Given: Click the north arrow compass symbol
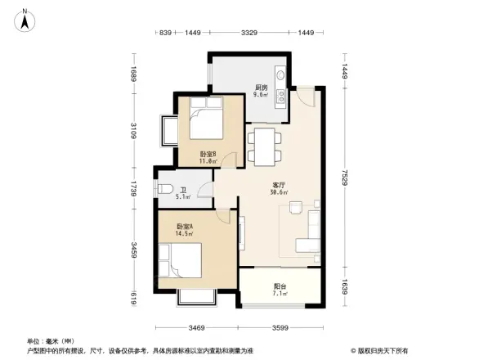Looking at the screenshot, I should [26, 19].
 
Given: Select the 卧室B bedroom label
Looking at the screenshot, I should [208, 154].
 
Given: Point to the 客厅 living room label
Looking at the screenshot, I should [279, 186].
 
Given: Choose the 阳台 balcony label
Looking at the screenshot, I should [280, 286].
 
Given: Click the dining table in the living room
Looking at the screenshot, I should [263, 146].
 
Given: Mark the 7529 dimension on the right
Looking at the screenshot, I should [345, 178].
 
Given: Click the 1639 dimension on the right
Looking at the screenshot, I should [345, 286].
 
